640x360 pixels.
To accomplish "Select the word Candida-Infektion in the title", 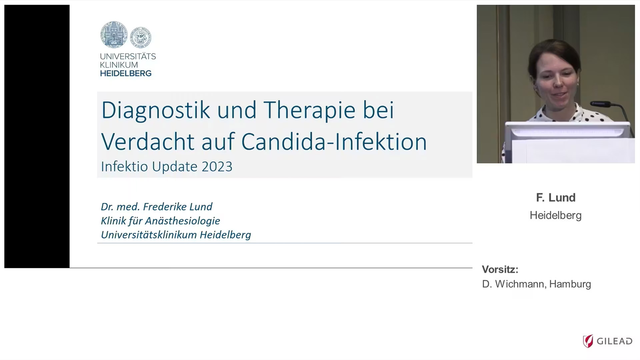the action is point(334,142).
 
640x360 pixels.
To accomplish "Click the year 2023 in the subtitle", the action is point(217,167).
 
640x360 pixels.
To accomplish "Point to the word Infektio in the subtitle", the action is point(125,167).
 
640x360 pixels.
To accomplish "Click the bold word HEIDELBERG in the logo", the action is point(126,73).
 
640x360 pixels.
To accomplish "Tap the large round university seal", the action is point(114,34).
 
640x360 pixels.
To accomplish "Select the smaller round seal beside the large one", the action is point(140,37).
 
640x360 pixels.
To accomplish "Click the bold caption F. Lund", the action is point(556,198).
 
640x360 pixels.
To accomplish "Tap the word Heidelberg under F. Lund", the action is point(556,215).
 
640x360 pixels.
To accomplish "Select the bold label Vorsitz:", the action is point(500,269).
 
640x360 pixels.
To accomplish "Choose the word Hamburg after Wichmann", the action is point(570,284).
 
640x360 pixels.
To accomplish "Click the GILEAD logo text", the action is point(614,341).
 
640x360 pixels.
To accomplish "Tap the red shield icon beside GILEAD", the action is point(588,341).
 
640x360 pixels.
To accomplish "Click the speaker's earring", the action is point(577,85).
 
